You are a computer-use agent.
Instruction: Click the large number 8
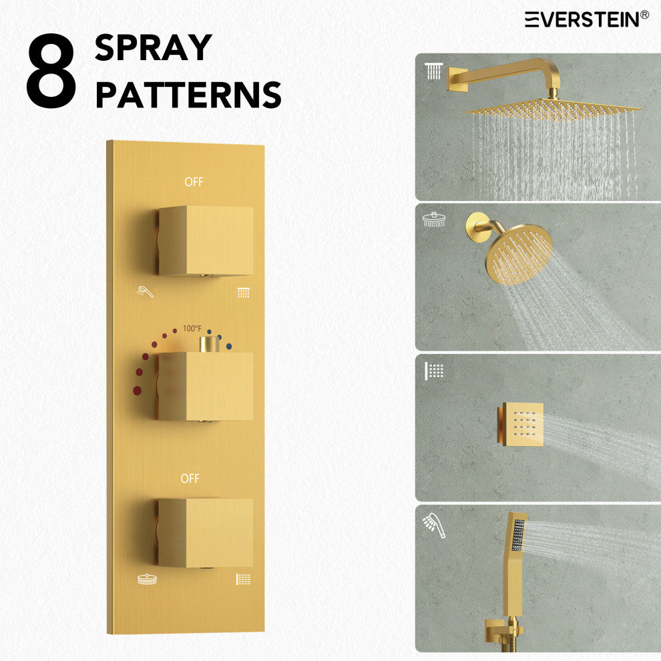(51, 70)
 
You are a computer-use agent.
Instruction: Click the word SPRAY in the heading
(153, 47)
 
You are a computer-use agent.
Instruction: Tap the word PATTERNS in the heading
(188, 94)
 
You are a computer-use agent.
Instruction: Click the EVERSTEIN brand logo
(586, 19)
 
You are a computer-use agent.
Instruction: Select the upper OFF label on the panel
(194, 182)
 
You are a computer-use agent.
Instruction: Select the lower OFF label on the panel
(190, 479)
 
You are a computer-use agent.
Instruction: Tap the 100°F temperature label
(192, 328)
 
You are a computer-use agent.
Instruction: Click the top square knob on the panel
(206, 241)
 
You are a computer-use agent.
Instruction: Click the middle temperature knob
(206, 386)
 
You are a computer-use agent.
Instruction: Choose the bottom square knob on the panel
(206, 533)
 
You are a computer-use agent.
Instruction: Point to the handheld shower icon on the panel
(145, 291)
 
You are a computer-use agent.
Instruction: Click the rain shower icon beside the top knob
(243, 292)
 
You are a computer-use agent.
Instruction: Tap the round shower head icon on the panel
(147, 580)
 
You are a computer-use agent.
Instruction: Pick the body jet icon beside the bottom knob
(243, 580)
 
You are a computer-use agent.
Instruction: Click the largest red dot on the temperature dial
(137, 391)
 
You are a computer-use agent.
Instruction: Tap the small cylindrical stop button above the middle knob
(210, 345)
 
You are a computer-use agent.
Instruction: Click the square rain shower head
(553, 109)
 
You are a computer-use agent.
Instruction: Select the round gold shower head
(519, 254)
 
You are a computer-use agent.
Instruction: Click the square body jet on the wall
(522, 424)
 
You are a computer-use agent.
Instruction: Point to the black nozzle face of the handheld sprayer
(518, 535)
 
